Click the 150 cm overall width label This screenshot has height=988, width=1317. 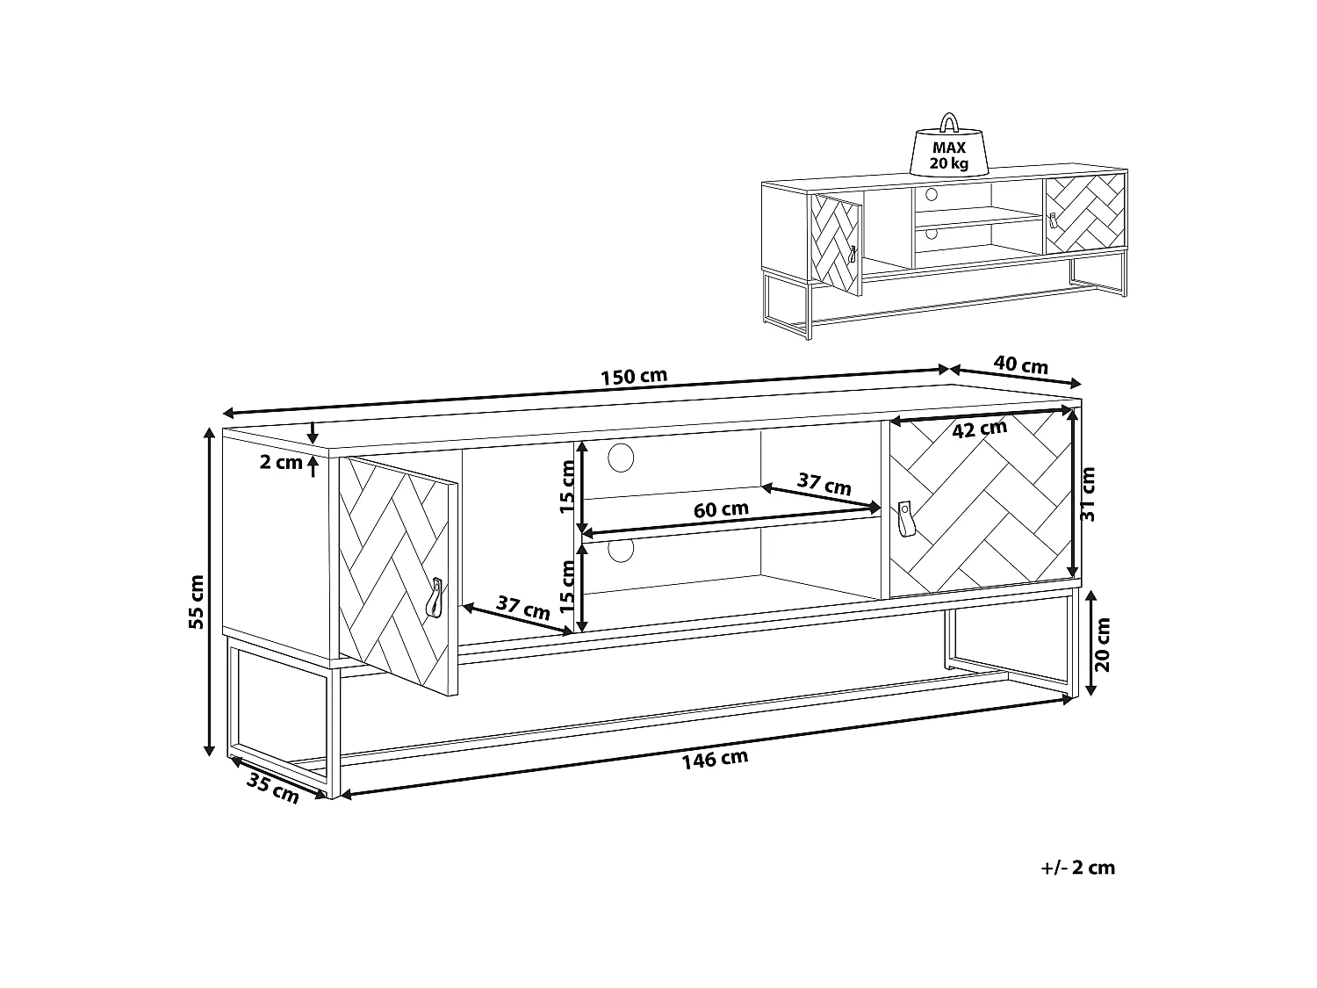point(634,377)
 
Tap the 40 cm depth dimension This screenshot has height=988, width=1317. point(1020,364)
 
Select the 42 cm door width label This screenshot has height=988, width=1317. point(979,429)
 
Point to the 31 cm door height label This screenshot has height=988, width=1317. point(1088,494)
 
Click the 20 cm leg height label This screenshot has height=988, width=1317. point(1103,645)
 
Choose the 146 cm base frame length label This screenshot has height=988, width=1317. point(715,759)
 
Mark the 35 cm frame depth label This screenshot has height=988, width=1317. point(272,788)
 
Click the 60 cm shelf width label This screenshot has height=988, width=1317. point(722,508)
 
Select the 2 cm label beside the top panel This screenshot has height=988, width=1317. point(281,463)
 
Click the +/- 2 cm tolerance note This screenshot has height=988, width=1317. point(1077,868)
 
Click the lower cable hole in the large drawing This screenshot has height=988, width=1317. point(621,551)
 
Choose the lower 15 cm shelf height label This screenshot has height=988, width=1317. point(569,587)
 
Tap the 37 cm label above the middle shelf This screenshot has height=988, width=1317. point(824,484)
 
